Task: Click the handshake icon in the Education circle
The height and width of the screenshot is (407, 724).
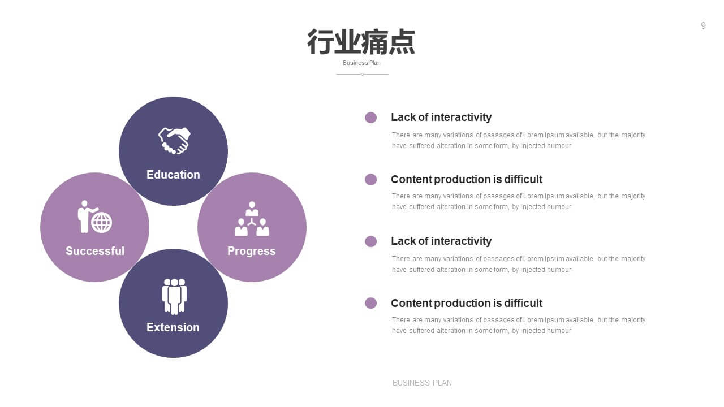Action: (174, 141)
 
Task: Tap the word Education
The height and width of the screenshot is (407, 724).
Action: (173, 175)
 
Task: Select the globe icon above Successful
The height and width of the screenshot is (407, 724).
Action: (101, 222)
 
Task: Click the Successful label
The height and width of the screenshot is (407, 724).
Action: (95, 251)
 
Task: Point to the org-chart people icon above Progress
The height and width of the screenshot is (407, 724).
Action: (252, 219)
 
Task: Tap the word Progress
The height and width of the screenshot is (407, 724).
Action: (252, 251)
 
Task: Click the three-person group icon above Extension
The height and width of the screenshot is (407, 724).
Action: (174, 296)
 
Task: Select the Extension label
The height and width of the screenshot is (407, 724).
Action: (173, 327)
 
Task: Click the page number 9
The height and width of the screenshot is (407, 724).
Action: (703, 25)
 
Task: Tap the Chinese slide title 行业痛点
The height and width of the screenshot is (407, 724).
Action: (361, 42)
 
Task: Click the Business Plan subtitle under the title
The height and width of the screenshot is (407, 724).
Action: (361, 63)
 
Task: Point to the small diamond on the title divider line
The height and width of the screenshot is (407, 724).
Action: (363, 74)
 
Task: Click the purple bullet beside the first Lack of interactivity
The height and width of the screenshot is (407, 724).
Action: (370, 118)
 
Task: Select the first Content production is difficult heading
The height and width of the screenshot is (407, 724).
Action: (467, 179)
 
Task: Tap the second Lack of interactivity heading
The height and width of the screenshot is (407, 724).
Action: (441, 241)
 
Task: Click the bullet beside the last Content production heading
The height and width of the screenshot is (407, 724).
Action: (370, 303)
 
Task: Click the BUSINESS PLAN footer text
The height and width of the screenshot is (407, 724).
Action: (422, 383)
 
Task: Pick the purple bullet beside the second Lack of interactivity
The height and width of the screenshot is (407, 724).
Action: (370, 241)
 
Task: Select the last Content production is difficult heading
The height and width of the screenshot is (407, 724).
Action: (467, 304)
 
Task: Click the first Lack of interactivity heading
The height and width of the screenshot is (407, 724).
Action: (441, 117)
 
